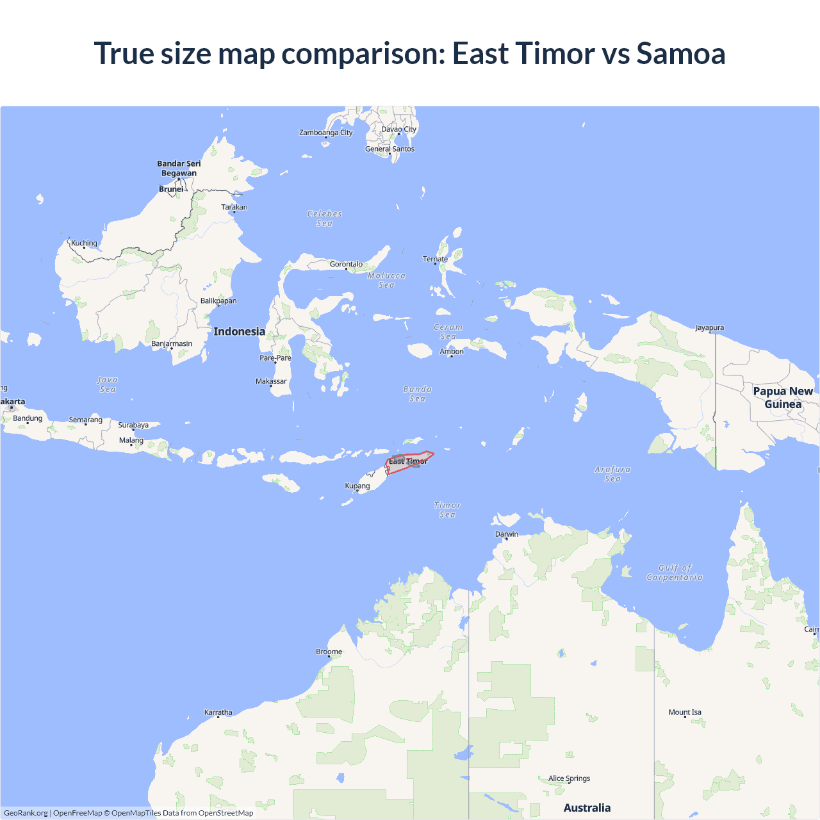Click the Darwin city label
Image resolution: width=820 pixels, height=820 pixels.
pos(506,534)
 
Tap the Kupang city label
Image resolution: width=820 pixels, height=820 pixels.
pos(357,486)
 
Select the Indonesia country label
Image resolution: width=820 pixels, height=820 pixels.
pos(239,331)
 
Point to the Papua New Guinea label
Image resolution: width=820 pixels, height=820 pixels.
pos(783,398)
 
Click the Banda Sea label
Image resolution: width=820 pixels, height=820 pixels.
pos(417,394)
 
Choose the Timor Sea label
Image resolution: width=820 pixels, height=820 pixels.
pos(447,510)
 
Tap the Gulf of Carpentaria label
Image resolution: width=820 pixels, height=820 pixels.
pos(675,573)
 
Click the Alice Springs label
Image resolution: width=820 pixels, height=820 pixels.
pos(569,778)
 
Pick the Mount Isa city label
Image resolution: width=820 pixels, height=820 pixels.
pos(685,712)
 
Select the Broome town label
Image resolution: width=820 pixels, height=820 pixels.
pos(329,652)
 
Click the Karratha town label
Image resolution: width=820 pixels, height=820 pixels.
pos(218,712)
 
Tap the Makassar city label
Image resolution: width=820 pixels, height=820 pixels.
pos(271,381)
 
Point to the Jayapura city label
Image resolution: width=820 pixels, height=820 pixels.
pos(709,328)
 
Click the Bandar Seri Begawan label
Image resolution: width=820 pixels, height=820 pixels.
pos(179,168)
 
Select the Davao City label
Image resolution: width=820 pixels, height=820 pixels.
pos(398,129)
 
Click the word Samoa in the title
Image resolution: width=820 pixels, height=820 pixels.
pos(680,53)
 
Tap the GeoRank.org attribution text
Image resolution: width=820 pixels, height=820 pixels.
pos(26,813)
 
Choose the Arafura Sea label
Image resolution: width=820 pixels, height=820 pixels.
pos(612,474)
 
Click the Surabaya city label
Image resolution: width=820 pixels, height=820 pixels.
pos(133,425)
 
